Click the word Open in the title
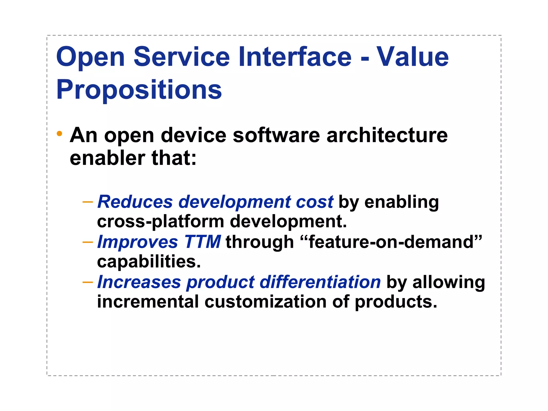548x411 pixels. (90, 58)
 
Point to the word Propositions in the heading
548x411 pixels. (139, 90)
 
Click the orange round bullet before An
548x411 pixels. (59, 134)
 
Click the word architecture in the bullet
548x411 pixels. (387, 135)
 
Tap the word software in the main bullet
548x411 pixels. (276, 135)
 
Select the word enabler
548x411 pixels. (107, 158)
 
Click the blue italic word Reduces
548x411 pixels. (135, 202)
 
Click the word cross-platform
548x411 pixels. (161, 222)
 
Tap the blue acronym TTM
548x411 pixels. (203, 242)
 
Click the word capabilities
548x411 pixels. (149, 262)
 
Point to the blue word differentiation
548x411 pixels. (320, 282)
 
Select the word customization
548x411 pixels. (265, 302)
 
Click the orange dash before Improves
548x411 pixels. (88, 242)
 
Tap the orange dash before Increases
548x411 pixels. (88, 283)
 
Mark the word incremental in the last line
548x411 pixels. (148, 302)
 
